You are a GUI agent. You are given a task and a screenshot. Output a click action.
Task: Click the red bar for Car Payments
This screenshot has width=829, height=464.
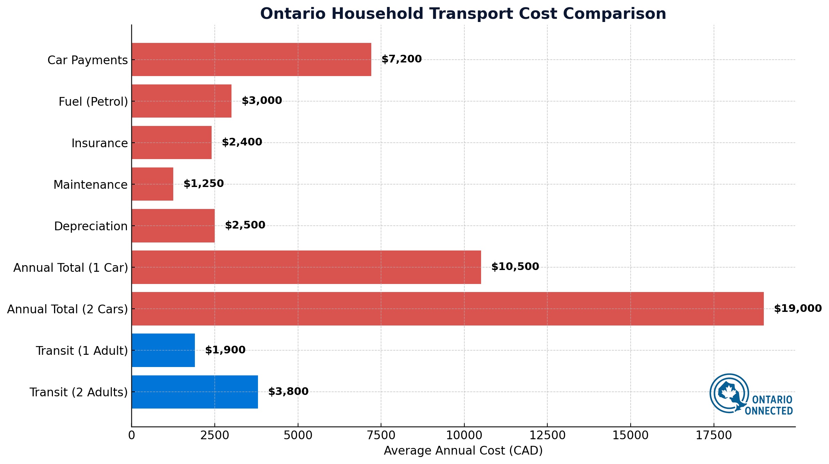(251, 59)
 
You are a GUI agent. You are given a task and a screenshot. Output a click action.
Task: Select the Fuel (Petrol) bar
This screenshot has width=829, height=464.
(181, 101)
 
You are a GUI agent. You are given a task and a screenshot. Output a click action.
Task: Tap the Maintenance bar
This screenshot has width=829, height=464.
(152, 184)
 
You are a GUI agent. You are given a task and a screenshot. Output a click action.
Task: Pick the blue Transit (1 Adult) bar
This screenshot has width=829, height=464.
(163, 350)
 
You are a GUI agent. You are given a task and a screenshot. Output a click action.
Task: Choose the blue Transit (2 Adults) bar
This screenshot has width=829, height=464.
(195, 392)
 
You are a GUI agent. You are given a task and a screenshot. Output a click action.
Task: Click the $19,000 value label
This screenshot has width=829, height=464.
(798, 308)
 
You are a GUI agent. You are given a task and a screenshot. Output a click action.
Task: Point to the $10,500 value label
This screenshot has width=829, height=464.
(515, 267)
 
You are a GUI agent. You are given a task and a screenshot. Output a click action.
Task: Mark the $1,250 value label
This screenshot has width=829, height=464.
(204, 184)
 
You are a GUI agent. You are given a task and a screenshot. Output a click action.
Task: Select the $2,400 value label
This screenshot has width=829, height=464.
(242, 142)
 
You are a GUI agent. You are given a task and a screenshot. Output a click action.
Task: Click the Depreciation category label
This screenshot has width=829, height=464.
(91, 226)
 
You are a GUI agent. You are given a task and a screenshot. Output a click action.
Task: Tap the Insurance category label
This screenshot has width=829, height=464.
(99, 143)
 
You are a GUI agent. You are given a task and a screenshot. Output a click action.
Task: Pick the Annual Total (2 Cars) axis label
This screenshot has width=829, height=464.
(67, 309)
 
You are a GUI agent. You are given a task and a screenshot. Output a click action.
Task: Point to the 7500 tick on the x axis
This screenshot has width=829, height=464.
(381, 435)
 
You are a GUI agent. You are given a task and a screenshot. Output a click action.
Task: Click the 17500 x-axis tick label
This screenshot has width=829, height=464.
(714, 435)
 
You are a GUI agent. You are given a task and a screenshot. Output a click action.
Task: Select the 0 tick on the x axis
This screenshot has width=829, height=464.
(131, 435)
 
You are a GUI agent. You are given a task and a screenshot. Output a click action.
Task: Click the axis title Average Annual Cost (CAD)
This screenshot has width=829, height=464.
(463, 451)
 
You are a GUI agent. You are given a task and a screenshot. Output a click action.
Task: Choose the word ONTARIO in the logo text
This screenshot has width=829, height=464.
(772, 400)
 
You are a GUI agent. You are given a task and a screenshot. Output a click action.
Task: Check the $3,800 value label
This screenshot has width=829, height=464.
(288, 391)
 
